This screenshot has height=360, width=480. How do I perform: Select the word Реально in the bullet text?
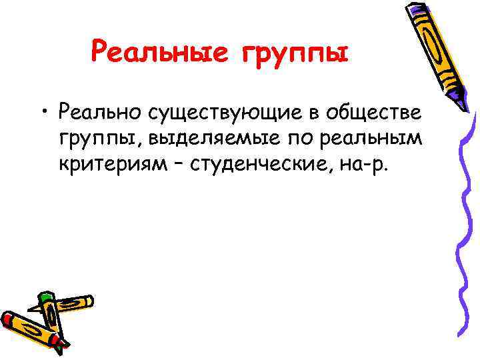[100, 111]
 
